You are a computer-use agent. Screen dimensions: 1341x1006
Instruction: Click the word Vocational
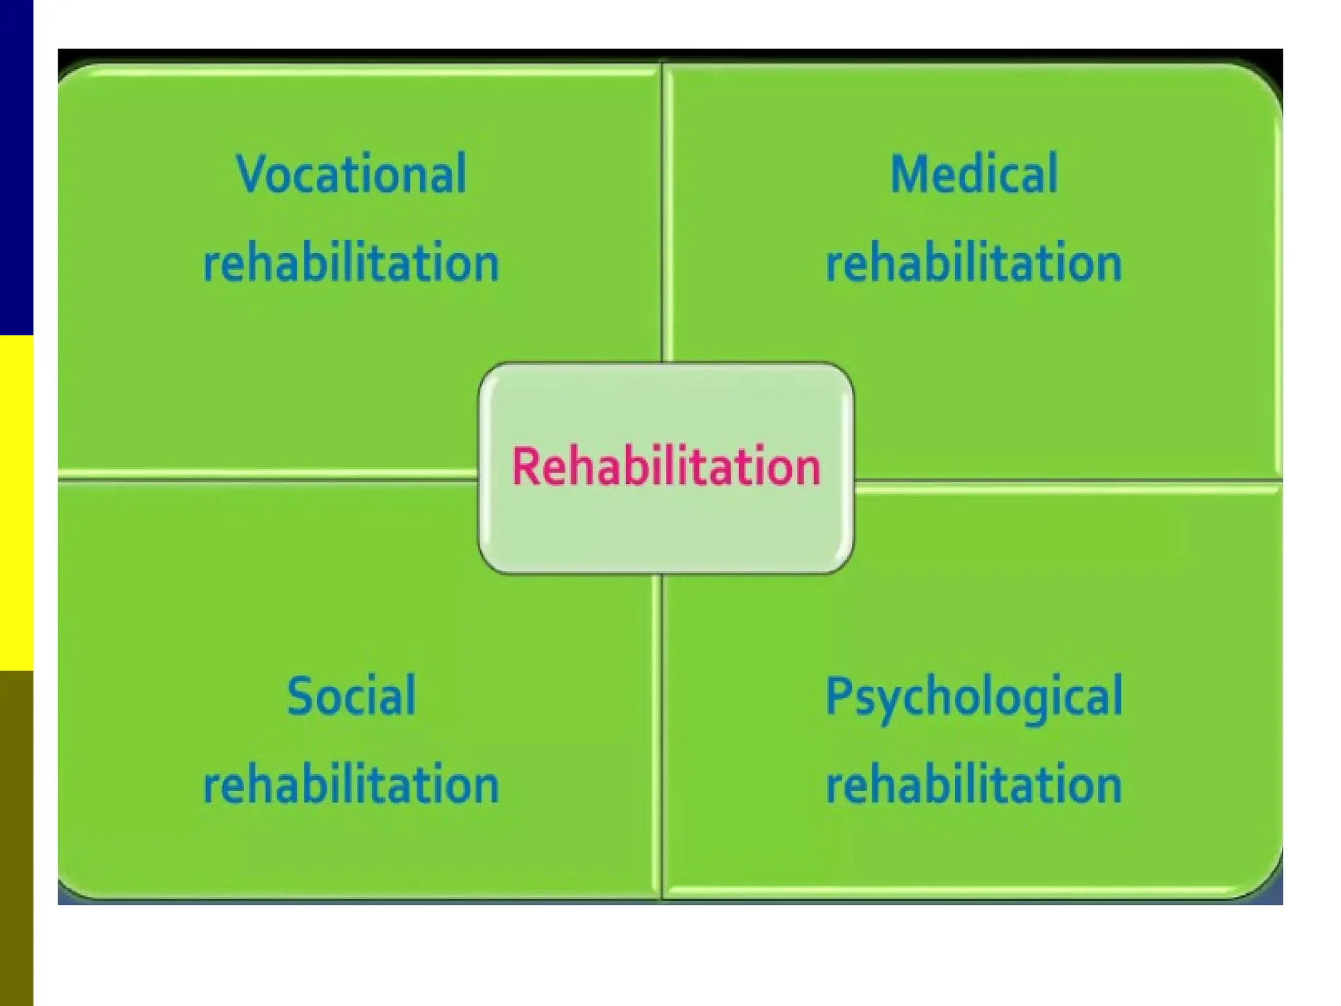[351, 174]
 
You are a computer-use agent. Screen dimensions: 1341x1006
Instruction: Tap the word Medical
[974, 174]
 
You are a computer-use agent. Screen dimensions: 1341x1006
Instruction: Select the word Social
[351, 696]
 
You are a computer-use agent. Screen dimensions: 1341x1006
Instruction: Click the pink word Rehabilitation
[666, 466]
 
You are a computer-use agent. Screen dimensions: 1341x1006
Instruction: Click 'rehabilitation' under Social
[351, 785]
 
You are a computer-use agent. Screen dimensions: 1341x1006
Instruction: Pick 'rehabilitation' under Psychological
[974, 785]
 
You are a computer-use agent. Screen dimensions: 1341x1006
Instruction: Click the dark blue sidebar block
[16, 167]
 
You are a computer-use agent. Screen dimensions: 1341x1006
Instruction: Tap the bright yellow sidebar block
[16, 502]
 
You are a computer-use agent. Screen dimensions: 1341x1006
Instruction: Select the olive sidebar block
[16, 838]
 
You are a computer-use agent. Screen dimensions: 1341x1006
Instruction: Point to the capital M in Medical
[909, 174]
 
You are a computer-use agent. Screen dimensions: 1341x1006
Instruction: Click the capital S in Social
[299, 696]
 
